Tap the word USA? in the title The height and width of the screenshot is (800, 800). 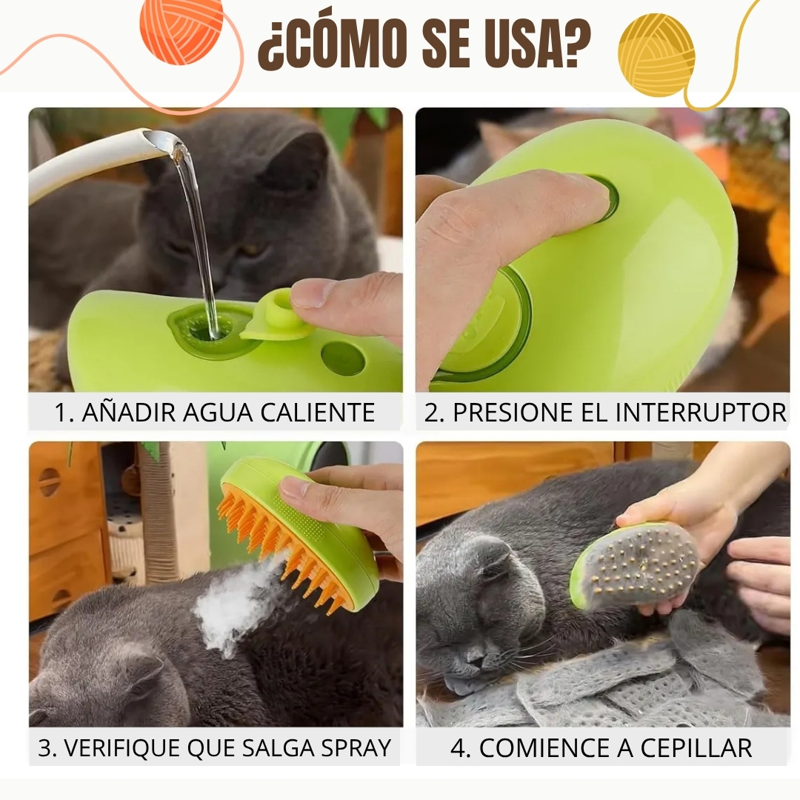[x=538, y=44]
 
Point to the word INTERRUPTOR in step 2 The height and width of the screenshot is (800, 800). [x=701, y=413]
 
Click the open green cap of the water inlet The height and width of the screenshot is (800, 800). [x=277, y=316]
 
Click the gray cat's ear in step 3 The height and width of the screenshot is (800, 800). [x=146, y=673]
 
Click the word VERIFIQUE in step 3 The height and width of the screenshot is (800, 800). [x=122, y=748]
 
